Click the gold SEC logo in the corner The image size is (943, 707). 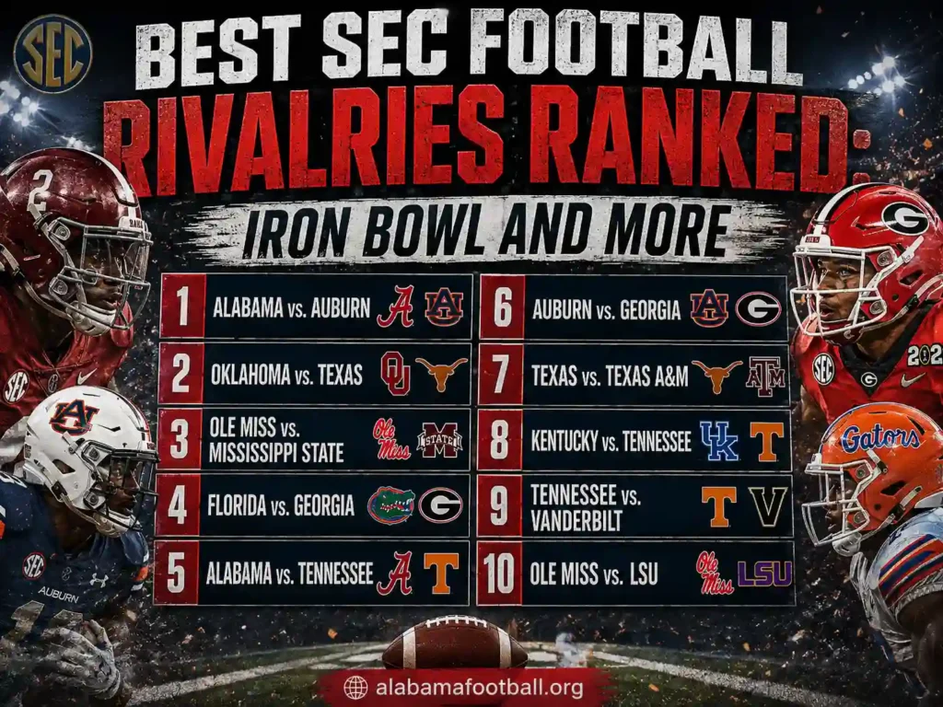pyautogui.click(x=52, y=53)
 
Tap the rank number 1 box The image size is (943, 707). pyautogui.click(x=183, y=306)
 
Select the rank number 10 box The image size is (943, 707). pyautogui.click(x=499, y=574)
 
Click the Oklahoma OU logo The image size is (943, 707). pyautogui.click(x=395, y=374)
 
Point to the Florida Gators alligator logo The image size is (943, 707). pyautogui.click(x=390, y=505)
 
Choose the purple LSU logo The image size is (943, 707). pyautogui.click(x=764, y=574)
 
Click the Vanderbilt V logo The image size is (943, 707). pyautogui.click(x=767, y=506)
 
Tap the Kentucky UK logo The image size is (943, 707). pyautogui.click(x=718, y=441)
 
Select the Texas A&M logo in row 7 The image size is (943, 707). pyautogui.click(x=765, y=377)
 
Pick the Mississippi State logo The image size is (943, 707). pyautogui.click(x=439, y=440)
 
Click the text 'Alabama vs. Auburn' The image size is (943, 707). pyautogui.click(x=291, y=307)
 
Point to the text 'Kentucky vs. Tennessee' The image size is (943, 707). pyautogui.click(x=611, y=441)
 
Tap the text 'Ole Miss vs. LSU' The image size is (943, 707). pyautogui.click(x=594, y=574)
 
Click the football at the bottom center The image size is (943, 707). pyautogui.click(x=454, y=642)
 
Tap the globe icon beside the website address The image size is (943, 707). pyautogui.click(x=355, y=687)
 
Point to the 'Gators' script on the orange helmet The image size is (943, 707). pyautogui.click(x=879, y=438)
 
